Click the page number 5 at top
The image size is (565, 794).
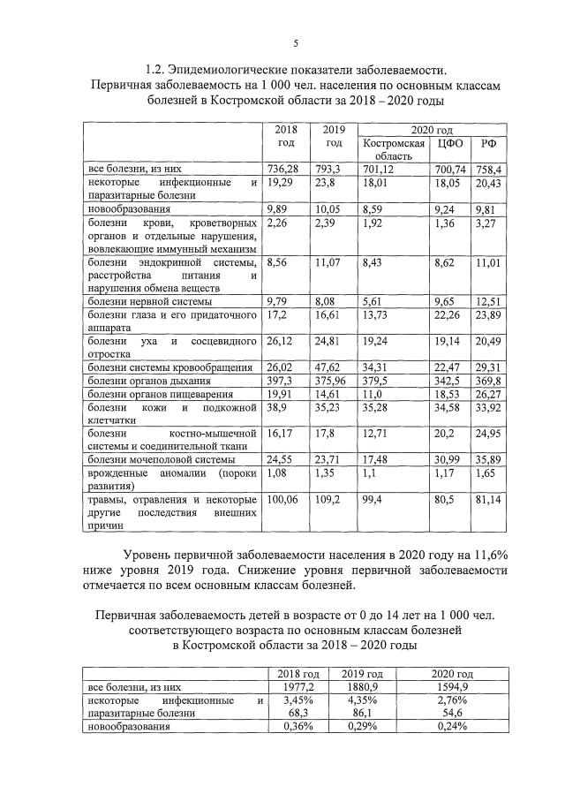pos(296,42)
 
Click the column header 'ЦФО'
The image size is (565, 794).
pos(439,143)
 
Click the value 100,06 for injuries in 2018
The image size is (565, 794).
pos(283,499)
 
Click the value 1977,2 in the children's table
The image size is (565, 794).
pos(296,685)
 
